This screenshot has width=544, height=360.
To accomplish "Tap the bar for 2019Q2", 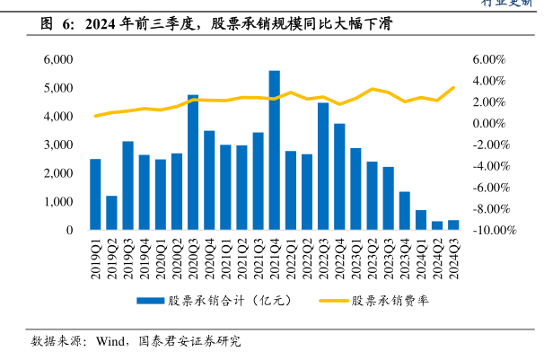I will (111, 213).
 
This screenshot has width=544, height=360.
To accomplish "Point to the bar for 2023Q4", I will (405, 211).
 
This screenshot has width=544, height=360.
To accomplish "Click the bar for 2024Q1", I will (421, 220).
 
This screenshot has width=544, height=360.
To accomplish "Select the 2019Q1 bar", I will (95, 194).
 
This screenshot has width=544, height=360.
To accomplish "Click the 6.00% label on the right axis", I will (489, 59).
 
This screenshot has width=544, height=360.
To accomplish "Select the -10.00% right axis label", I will (493, 230).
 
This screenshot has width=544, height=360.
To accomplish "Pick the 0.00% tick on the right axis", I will (489, 123).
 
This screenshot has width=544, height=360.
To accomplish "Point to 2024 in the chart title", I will (100, 25).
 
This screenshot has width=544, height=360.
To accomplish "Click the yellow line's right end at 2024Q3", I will (453, 87).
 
